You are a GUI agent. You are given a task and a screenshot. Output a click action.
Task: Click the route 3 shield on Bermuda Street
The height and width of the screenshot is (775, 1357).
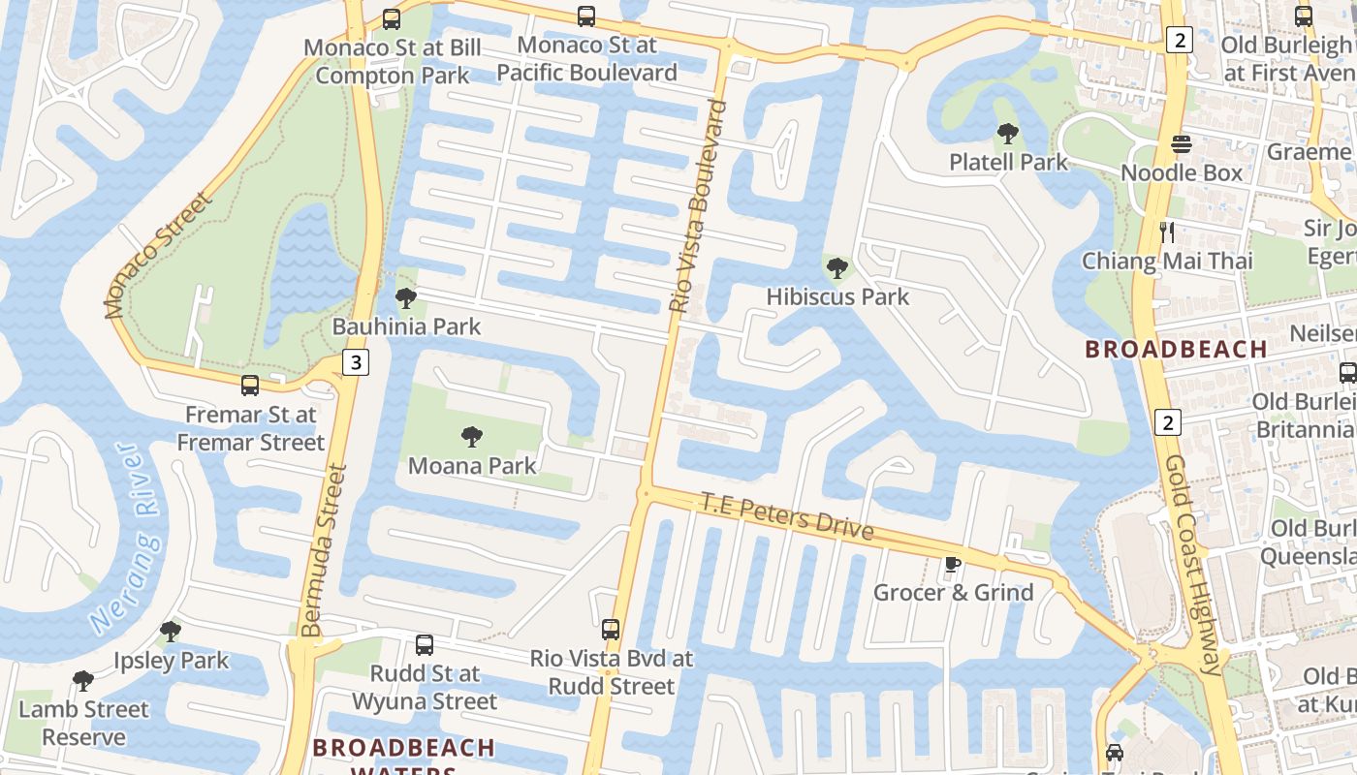tap(357, 363)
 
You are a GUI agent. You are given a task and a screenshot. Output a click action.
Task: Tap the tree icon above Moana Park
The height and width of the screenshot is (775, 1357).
tap(472, 437)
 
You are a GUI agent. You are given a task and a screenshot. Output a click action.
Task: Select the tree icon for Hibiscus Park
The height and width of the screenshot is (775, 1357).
tap(836, 268)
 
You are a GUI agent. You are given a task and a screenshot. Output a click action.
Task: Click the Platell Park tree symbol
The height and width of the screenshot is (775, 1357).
tap(1008, 134)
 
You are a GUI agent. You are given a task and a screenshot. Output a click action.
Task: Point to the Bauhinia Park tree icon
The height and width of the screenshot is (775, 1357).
tap(406, 298)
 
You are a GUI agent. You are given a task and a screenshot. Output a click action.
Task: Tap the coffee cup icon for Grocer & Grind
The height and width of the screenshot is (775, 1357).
tap(953, 564)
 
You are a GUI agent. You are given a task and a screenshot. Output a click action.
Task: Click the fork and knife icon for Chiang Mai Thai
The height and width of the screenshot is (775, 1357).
tap(1167, 232)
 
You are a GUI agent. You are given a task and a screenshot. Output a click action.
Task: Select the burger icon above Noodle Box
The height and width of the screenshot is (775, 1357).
tap(1181, 144)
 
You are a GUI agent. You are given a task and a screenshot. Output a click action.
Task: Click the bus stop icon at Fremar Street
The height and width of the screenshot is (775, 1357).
tap(250, 386)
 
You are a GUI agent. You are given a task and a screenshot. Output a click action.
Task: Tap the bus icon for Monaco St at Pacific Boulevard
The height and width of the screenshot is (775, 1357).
tap(586, 16)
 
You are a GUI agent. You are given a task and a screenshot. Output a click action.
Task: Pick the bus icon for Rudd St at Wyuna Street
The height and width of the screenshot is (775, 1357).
tap(425, 645)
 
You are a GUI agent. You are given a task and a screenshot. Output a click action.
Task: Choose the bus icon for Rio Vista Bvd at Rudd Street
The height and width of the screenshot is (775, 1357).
tap(611, 630)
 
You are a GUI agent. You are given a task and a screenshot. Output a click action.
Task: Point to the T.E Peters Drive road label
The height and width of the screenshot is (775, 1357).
tap(787, 516)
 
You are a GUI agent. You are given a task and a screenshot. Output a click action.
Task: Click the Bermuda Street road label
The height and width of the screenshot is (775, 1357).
tap(324, 550)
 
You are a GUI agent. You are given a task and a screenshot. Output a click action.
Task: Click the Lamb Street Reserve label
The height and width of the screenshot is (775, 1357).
tap(85, 723)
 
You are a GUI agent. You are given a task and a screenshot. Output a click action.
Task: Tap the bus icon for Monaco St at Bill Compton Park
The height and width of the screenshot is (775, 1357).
tap(392, 19)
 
